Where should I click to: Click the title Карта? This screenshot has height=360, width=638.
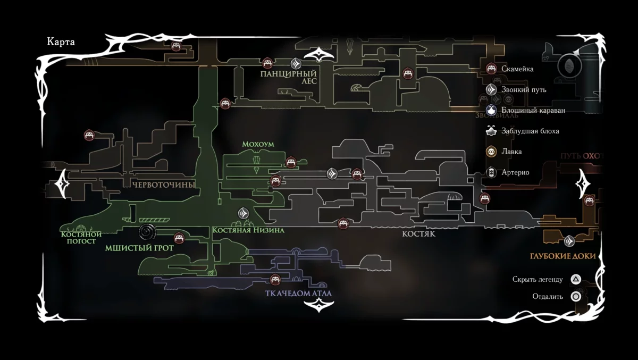click(61, 43)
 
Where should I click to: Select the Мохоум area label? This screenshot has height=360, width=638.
click(257, 144)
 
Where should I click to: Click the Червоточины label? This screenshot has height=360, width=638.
click(163, 185)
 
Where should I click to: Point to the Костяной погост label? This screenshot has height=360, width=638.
click(81, 237)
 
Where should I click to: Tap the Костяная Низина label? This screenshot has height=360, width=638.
click(248, 230)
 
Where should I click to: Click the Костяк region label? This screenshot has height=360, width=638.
click(419, 234)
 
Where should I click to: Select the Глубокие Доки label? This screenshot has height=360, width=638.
click(563, 256)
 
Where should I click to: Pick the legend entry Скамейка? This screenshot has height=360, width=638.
click(517, 69)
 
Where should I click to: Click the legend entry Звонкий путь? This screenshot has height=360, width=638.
click(523, 89)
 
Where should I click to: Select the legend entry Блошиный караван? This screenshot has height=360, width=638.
click(533, 110)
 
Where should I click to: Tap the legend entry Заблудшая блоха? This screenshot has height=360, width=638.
click(530, 131)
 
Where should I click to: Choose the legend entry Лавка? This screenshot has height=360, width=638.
click(511, 152)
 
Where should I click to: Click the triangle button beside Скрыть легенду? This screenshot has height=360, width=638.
click(575, 279)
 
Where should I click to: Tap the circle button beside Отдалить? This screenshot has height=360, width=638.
click(575, 297)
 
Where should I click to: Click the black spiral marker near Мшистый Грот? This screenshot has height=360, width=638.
click(147, 232)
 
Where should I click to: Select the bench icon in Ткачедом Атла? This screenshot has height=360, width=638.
click(275, 279)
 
